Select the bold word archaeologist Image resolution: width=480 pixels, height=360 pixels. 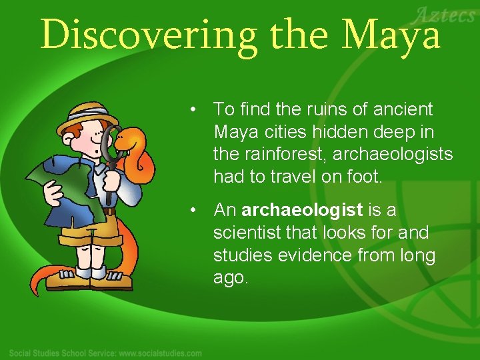coord(302,211)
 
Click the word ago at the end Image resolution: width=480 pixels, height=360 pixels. coord(230,278)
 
